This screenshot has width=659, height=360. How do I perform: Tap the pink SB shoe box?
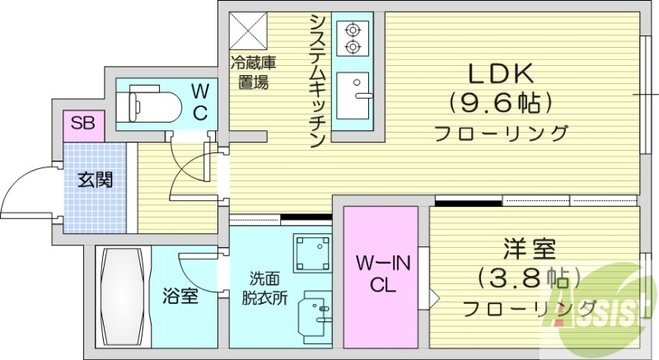(x=82, y=124)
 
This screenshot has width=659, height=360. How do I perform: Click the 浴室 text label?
(x=180, y=295)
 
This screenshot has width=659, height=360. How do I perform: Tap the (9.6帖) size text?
(x=501, y=103)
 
